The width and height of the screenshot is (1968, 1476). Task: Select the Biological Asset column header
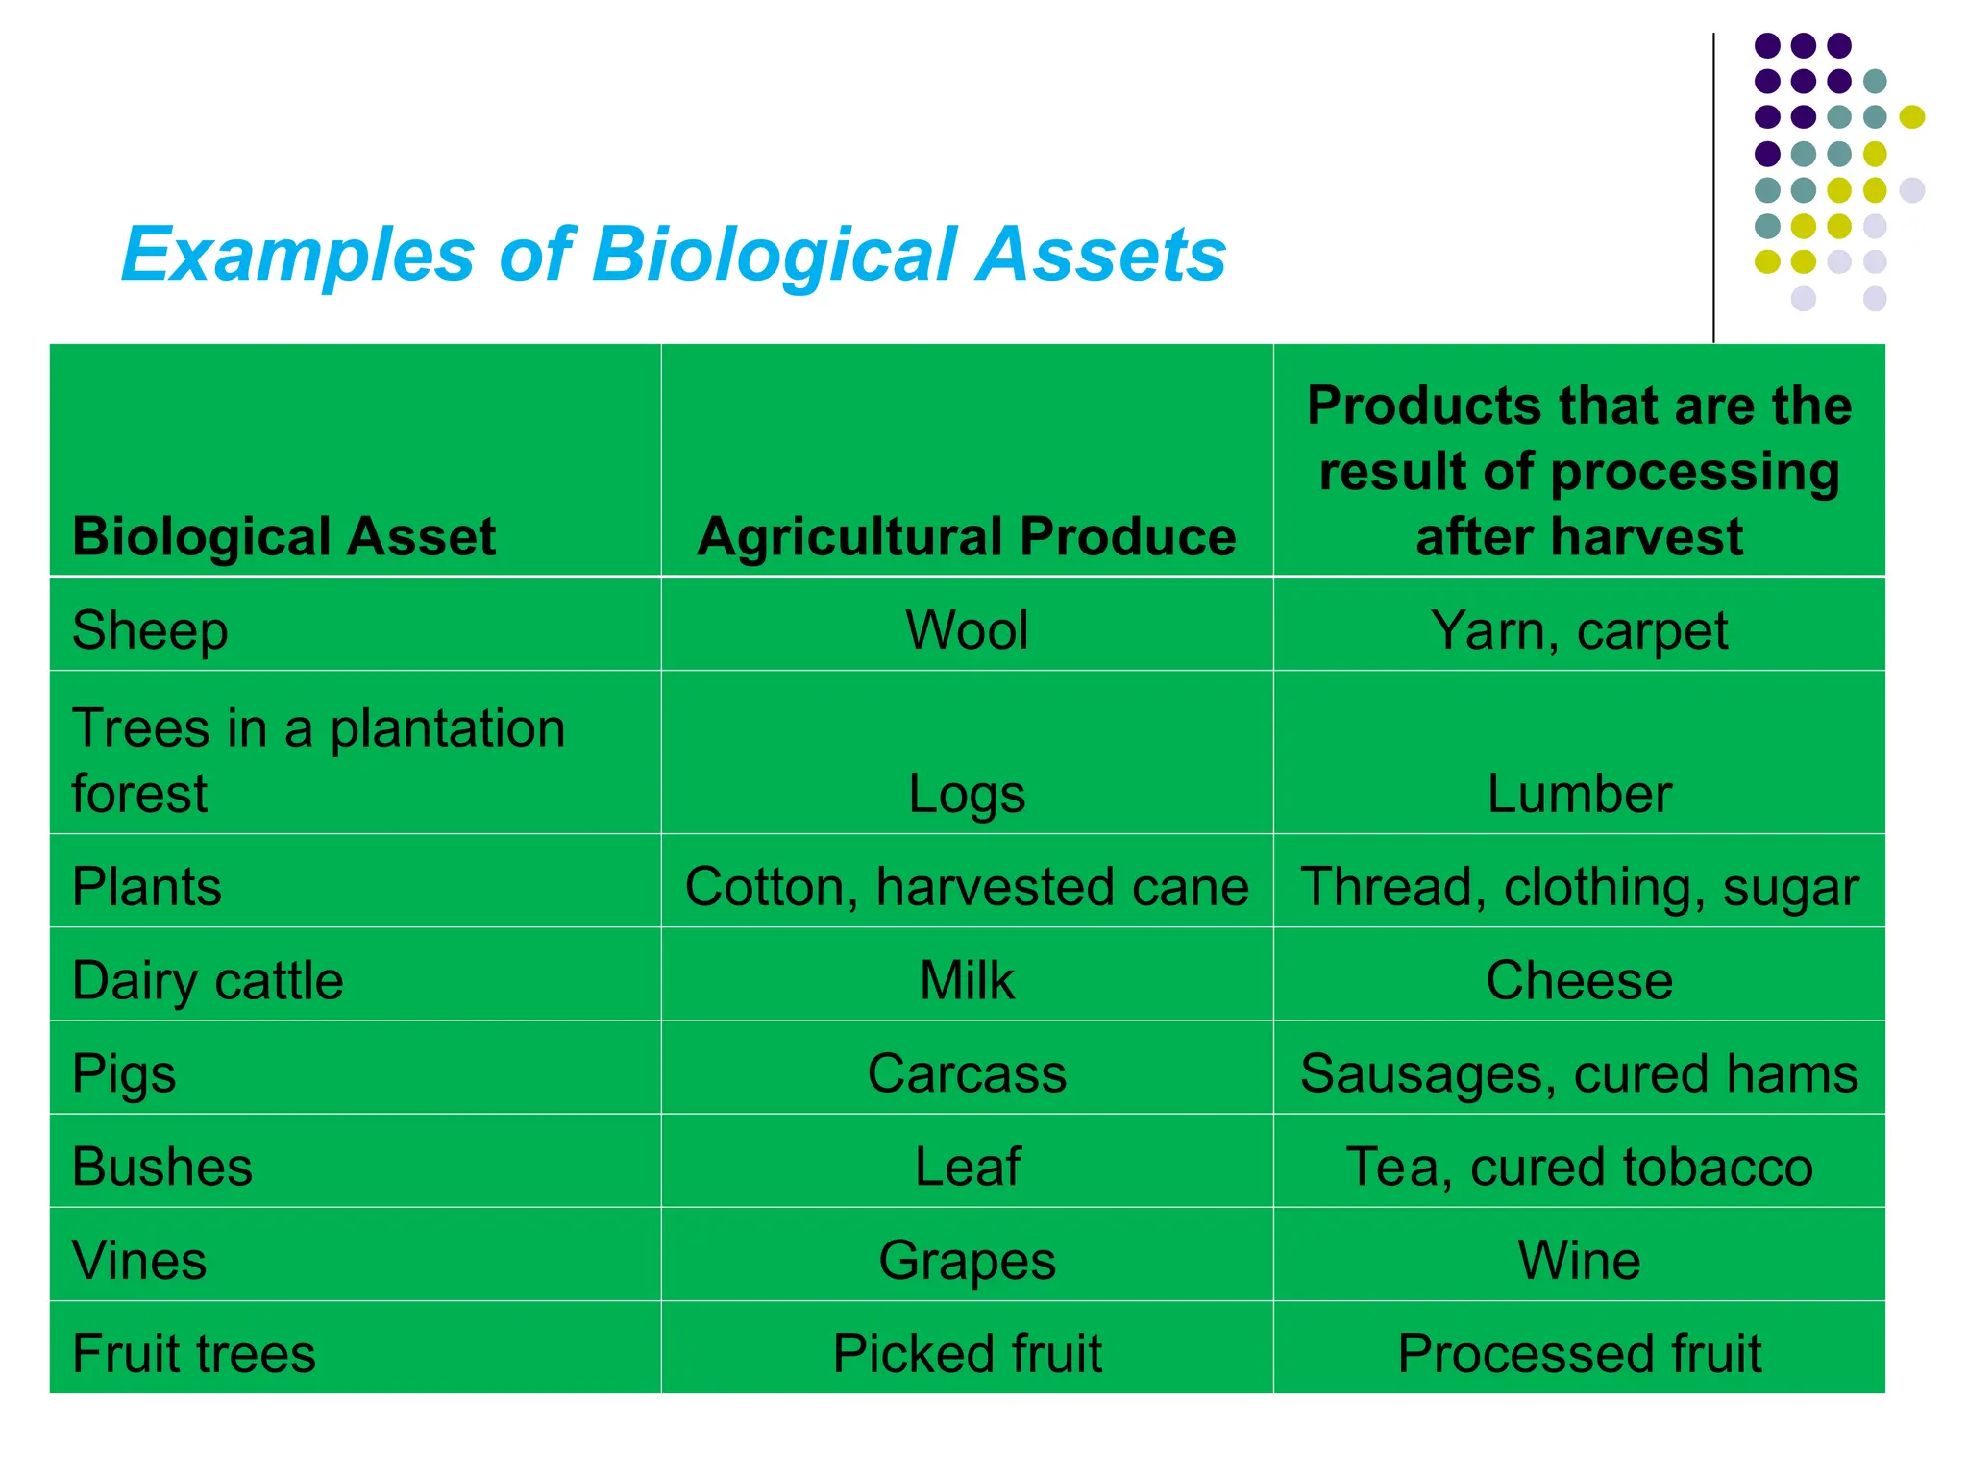(284, 536)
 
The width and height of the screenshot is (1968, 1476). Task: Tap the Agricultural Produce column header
(967, 536)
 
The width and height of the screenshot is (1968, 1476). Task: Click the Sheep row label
(150, 631)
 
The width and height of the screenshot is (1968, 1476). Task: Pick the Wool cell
(967, 631)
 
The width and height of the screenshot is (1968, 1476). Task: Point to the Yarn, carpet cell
(1579, 631)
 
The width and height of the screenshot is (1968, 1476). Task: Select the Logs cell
(967, 794)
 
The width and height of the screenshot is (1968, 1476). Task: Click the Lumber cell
(1579, 794)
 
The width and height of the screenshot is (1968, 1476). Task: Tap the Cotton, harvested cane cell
(967, 887)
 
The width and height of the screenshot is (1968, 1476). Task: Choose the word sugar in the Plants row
(1790, 887)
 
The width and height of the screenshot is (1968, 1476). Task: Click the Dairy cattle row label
(208, 981)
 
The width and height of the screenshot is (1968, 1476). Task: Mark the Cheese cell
(1579, 981)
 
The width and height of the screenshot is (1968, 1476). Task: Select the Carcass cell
(967, 1074)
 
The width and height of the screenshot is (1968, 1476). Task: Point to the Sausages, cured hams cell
(1579, 1074)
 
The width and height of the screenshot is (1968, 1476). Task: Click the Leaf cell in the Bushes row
(967, 1168)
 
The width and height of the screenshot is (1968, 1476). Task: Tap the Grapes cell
(967, 1261)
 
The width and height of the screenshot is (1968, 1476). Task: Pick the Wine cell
(1579, 1261)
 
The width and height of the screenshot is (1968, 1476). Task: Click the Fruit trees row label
(194, 1354)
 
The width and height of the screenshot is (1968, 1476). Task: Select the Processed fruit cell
(1579, 1354)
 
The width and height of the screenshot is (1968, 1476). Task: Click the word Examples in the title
(298, 256)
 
